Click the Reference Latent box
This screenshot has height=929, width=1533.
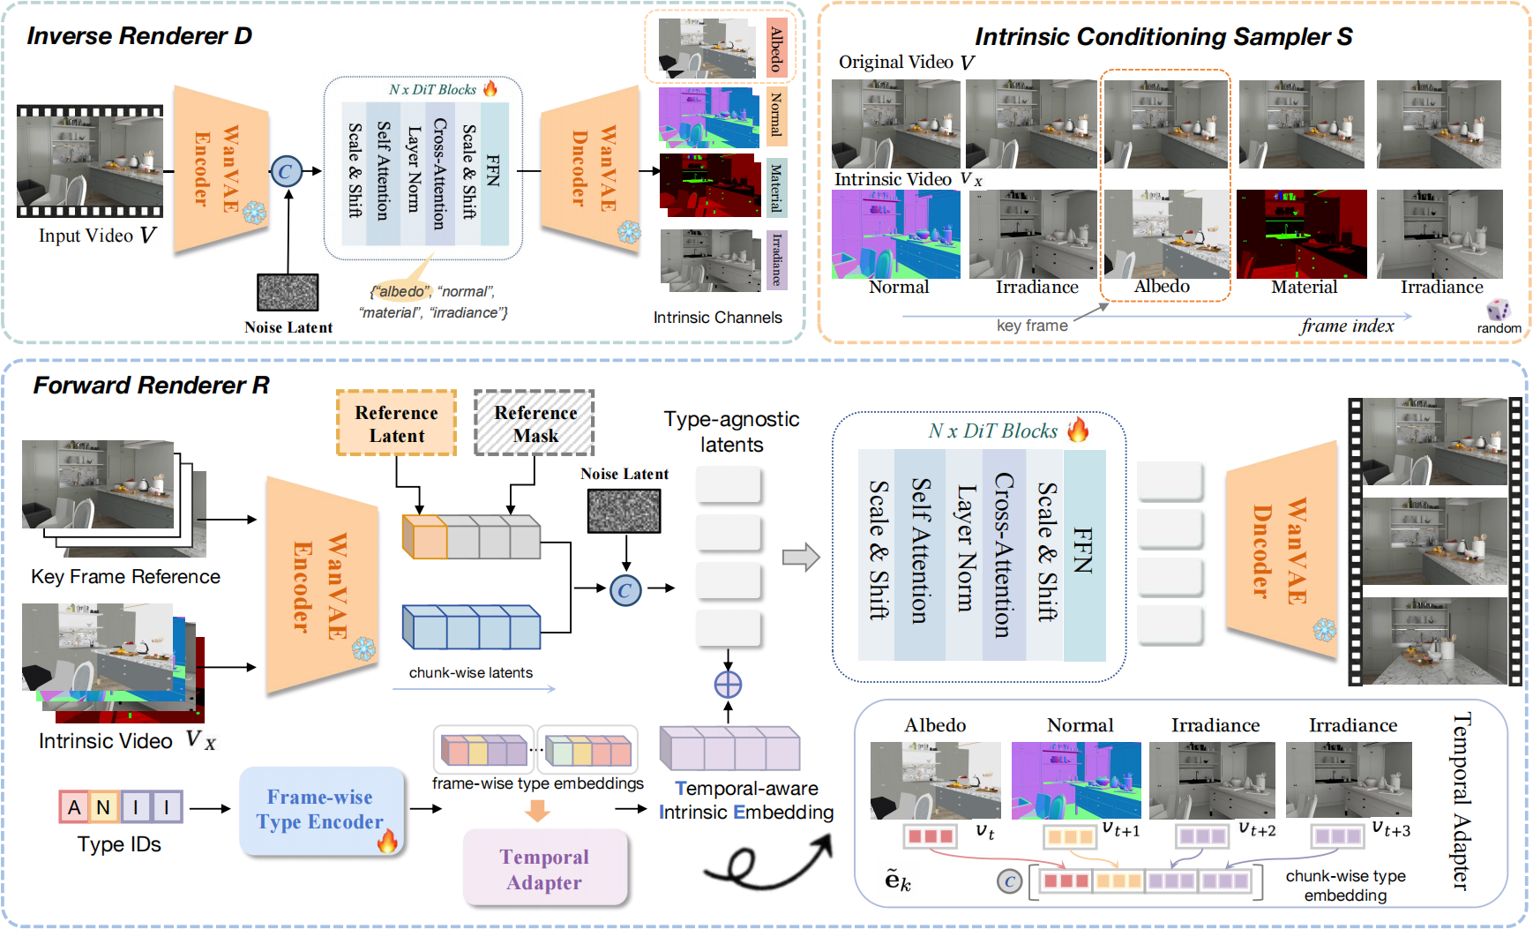click(x=396, y=423)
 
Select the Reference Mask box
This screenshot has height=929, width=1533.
click(x=535, y=423)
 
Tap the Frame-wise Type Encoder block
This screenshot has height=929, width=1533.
click(x=322, y=811)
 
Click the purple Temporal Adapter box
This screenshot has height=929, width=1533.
click(x=544, y=869)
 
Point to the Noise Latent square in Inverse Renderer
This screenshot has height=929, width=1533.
click(x=288, y=292)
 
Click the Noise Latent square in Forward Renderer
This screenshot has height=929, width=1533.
click(x=624, y=510)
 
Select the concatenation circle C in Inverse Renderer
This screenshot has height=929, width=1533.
click(x=285, y=171)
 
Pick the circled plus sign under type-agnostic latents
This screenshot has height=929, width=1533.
click(x=728, y=685)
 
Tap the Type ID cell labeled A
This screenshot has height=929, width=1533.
click(x=74, y=806)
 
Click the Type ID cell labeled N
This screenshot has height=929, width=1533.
click(x=104, y=806)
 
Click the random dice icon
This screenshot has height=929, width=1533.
click(x=1498, y=310)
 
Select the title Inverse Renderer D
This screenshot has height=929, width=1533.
click(x=138, y=36)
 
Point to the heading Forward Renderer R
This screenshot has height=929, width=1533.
click(x=151, y=386)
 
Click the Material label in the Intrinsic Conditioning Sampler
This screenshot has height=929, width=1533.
click(x=1304, y=288)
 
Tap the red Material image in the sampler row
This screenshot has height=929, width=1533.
click(x=1301, y=234)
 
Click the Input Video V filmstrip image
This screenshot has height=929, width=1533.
click(x=90, y=161)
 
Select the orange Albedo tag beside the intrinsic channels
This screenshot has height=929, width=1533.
click(x=776, y=49)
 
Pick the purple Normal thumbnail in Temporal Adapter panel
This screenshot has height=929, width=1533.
click(x=1076, y=780)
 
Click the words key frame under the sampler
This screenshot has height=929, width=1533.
click(x=1032, y=326)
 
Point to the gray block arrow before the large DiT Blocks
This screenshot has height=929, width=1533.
click(x=801, y=558)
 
